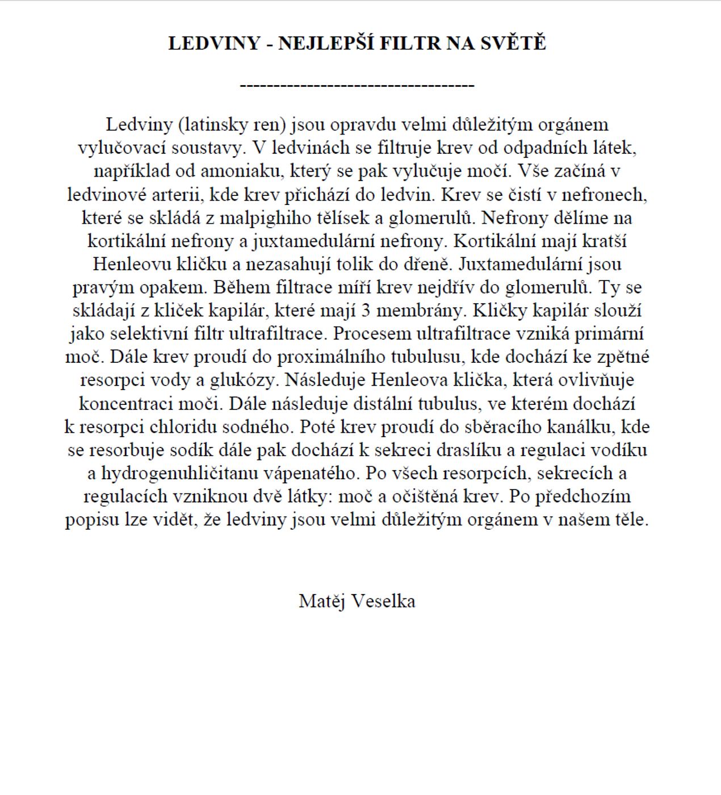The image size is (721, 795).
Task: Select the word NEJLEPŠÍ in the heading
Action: point(325,43)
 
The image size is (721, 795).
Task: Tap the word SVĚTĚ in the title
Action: point(514,43)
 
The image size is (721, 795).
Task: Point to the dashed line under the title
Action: point(357,86)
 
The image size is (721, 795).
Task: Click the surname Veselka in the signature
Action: point(383,601)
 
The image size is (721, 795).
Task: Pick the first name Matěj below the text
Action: point(322,601)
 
